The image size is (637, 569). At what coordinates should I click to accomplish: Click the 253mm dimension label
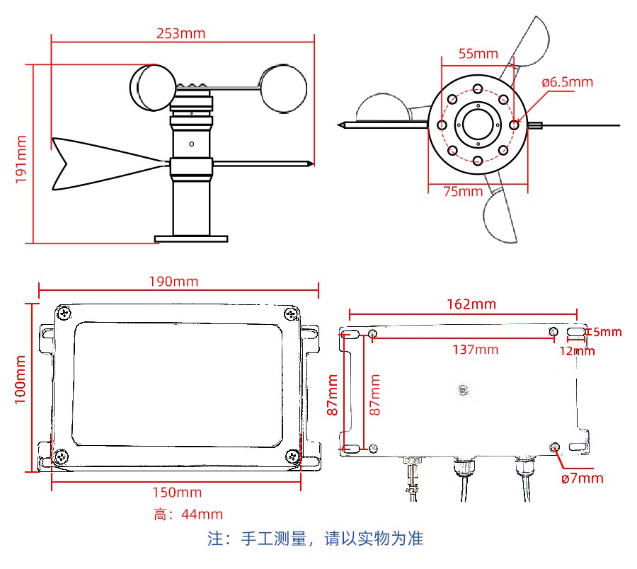[x=180, y=33]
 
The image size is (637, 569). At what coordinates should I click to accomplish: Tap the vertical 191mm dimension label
[x=21, y=159]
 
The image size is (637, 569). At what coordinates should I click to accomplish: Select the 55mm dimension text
[x=478, y=54]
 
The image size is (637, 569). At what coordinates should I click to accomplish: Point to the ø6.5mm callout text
[x=568, y=82]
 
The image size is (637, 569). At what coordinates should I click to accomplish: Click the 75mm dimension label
[x=463, y=191]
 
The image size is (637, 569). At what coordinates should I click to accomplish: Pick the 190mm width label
[x=173, y=282]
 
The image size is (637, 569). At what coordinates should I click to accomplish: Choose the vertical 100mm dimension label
[x=21, y=380]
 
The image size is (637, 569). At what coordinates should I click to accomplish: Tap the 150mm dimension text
[x=177, y=493]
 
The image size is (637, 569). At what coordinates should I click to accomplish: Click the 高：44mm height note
[x=188, y=515]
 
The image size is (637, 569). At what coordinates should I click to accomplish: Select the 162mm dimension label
[x=471, y=304]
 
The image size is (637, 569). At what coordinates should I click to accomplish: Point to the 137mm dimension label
[x=476, y=350]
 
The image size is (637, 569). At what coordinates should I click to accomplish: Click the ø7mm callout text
[x=583, y=478]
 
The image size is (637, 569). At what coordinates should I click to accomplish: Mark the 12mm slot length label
[x=577, y=351]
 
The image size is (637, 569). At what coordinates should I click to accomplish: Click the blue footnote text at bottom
[x=315, y=539]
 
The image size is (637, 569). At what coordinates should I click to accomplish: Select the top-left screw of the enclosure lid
[x=64, y=313]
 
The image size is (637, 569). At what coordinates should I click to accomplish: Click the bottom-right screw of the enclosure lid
[x=292, y=456]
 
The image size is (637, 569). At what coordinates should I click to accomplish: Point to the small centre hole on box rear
[x=463, y=390]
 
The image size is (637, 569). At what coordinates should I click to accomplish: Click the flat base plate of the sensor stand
[x=191, y=238]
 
